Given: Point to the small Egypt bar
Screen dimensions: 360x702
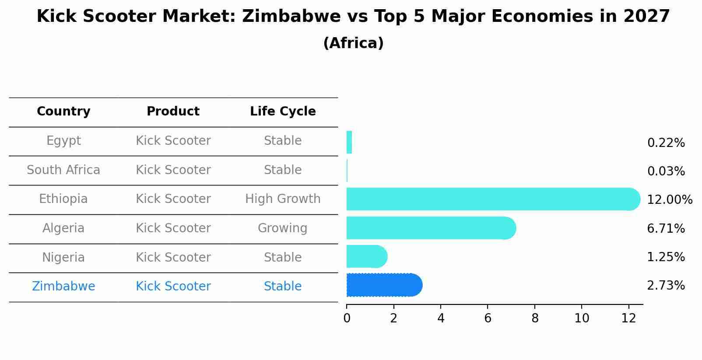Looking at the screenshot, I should (x=349, y=142).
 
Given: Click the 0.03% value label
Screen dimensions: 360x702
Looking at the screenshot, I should (x=666, y=171).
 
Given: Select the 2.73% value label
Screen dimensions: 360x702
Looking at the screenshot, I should (x=666, y=286).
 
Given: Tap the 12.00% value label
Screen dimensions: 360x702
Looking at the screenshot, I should (x=669, y=200).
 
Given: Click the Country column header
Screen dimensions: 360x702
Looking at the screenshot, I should (x=63, y=112).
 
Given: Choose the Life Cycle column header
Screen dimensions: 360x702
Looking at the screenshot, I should (x=283, y=112).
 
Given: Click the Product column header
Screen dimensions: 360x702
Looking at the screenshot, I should (x=173, y=112).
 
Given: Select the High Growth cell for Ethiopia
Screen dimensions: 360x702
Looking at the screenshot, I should (x=283, y=199).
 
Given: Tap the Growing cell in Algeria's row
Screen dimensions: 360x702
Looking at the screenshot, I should (x=283, y=228).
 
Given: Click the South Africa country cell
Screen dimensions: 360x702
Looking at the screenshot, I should (x=63, y=170).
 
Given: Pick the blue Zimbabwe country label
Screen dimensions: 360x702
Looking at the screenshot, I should (x=63, y=287).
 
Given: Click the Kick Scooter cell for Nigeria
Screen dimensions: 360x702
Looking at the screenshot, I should (x=173, y=258).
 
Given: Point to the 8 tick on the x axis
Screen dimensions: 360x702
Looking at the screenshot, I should (x=535, y=318).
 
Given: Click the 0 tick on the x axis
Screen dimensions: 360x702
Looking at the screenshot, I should (x=347, y=318).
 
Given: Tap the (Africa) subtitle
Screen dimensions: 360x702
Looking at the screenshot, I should (x=353, y=43).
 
